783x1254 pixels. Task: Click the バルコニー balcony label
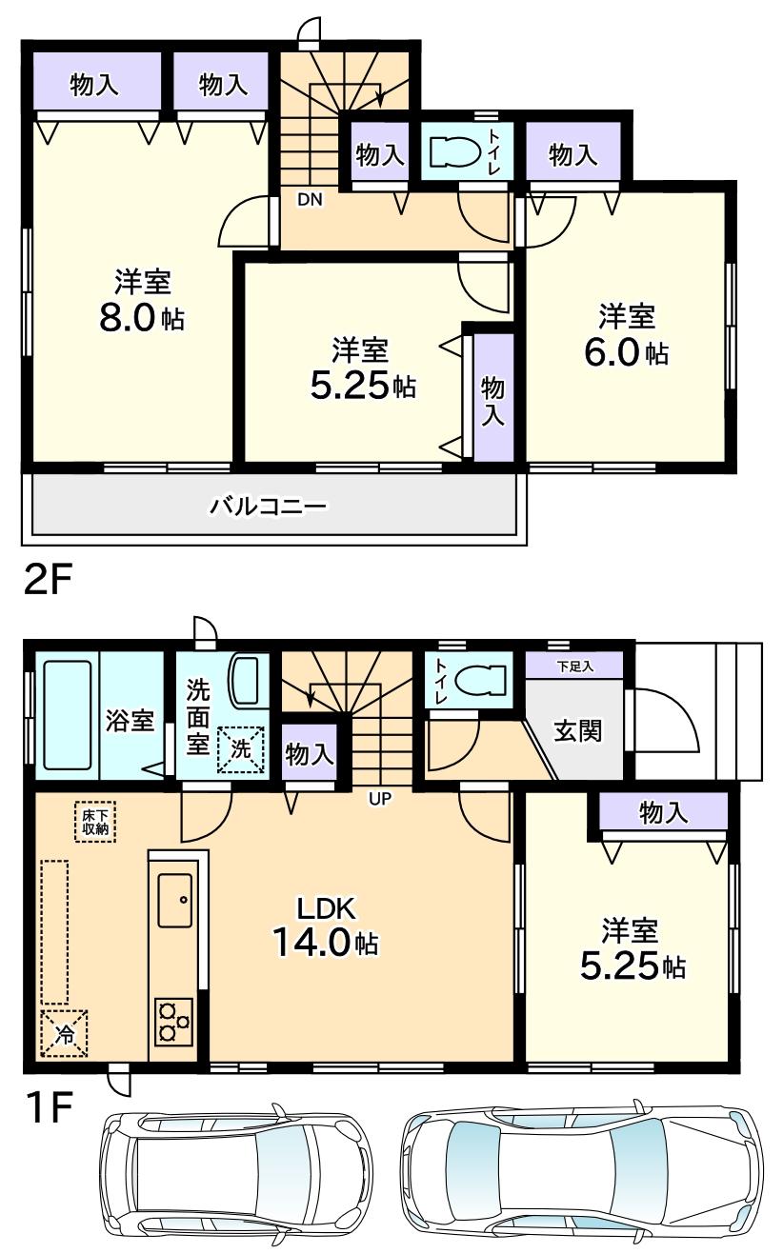[269, 505]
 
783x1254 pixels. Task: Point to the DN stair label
[309, 199]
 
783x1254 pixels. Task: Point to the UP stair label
[380, 799]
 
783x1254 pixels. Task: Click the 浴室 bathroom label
[130, 720]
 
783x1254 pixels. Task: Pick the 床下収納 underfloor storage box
[94, 822]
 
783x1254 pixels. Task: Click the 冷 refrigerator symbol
[64, 1033]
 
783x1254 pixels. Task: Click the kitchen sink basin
[177, 900]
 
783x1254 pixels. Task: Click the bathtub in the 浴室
[66, 713]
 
